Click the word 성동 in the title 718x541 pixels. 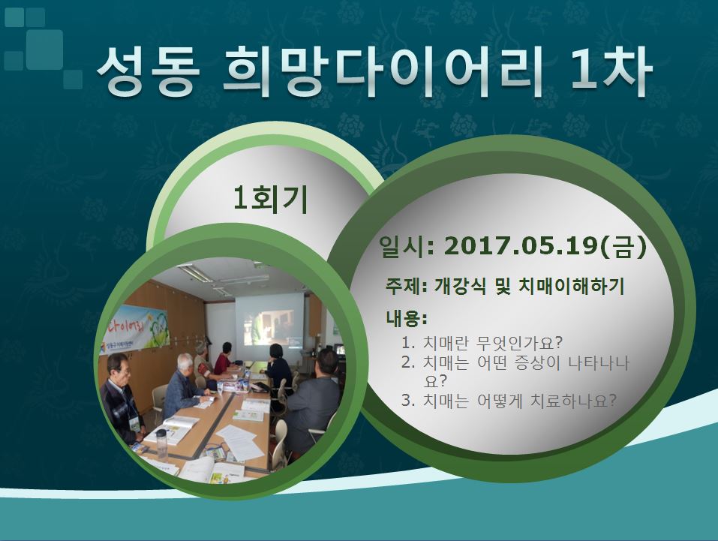tap(149, 72)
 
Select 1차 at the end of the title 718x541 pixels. tap(611, 71)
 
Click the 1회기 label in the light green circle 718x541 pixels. tap(270, 200)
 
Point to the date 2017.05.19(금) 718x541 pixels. tap(545, 248)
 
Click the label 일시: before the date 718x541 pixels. tap(407, 248)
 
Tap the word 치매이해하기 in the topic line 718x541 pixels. tap(572, 287)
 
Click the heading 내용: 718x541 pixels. tap(407, 318)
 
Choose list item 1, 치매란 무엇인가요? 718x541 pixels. tap(482, 342)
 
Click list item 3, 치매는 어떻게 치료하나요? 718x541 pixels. tap(509, 401)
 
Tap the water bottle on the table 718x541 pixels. tap(161, 444)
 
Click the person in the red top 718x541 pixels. tap(224, 357)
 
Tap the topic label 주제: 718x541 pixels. tap(407, 287)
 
